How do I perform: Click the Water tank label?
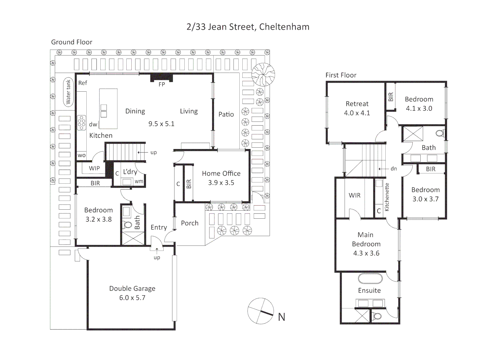point(68,92)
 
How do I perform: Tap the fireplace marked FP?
point(161,78)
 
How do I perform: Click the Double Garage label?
point(132,288)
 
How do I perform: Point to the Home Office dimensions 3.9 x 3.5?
point(221,183)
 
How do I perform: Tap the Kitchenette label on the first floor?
point(387,197)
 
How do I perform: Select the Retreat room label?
point(357,104)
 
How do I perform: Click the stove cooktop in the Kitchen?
point(81,122)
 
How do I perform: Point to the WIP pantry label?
point(94,168)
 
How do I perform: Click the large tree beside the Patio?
point(263,74)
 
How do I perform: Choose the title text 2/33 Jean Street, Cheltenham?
point(248,27)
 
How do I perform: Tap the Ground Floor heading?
point(71,42)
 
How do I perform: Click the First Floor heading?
point(341,75)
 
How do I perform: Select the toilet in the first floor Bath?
point(440,134)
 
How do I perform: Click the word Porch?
point(190,223)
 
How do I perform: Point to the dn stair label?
point(394,169)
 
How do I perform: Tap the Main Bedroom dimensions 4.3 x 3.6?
point(366,253)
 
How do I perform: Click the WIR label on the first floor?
point(354,195)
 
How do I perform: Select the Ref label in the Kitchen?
point(83,83)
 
